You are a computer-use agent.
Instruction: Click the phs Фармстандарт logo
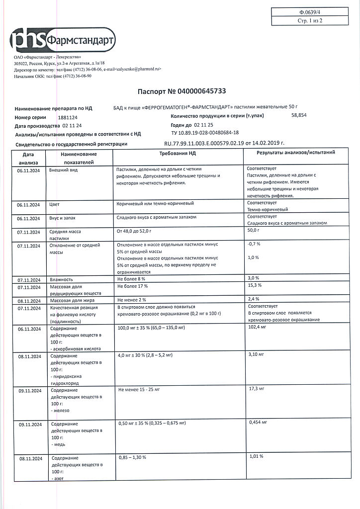[64, 40]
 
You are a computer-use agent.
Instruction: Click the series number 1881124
[68, 117]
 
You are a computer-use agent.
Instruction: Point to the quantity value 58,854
[299, 115]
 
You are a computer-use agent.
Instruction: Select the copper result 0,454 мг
[257, 422]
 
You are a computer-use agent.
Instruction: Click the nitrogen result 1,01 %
[255, 456]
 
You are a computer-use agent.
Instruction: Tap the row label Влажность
[61, 279]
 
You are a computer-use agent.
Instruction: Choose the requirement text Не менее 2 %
[132, 300]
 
